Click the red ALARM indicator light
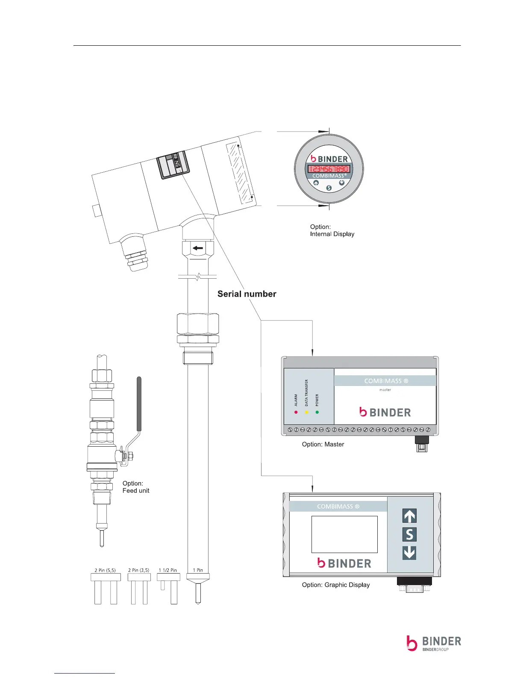[x=296, y=412]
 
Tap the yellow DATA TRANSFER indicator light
[x=306, y=412]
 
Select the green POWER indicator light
[x=317, y=412]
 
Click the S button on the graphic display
[x=409, y=534]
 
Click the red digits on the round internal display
[x=329, y=169]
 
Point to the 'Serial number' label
[x=247, y=294]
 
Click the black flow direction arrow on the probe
[x=197, y=248]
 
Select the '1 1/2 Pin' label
[x=167, y=570]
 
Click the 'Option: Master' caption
[x=323, y=444]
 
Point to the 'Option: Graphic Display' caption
[x=335, y=585]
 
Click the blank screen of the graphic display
[x=344, y=534]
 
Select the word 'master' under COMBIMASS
[x=385, y=390]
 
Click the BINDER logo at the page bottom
[x=433, y=643]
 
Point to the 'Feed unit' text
[x=136, y=491]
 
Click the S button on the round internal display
[x=329, y=188]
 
